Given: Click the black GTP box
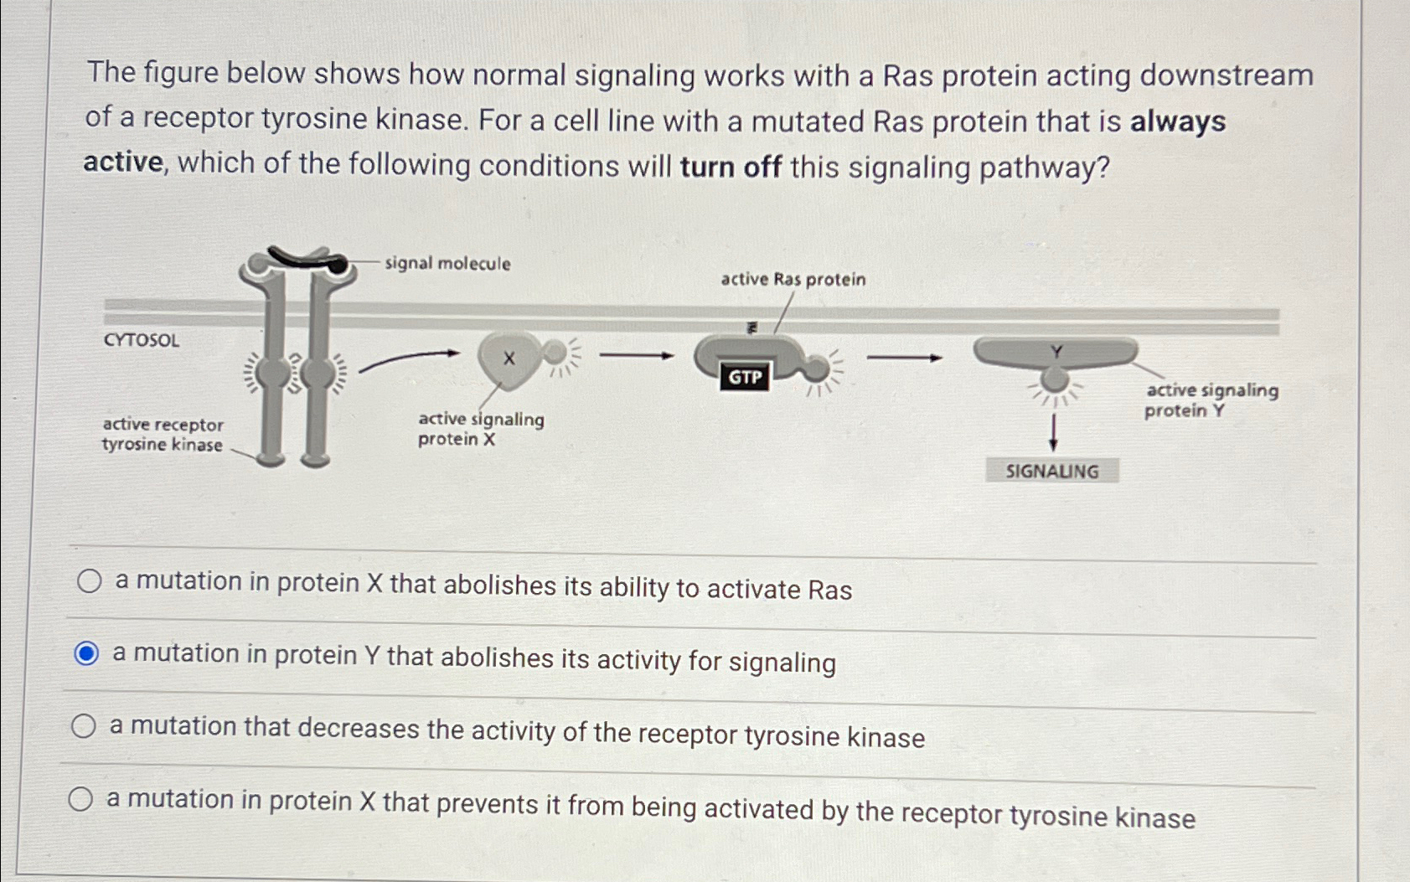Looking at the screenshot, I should click(x=744, y=377).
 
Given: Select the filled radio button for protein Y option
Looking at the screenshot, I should click(x=86, y=653).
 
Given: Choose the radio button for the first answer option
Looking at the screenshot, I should click(x=90, y=581).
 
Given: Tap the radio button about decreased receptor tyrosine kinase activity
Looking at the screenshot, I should click(x=83, y=726).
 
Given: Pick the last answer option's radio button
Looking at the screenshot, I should click(x=80, y=799).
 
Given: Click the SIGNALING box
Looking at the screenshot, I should click(x=1051, y=471).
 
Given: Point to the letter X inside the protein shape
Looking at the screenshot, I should click(x=509, y=359).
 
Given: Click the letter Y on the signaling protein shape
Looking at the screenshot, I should click(x=1056, y=353).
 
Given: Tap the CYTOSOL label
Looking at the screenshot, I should click(x=142, y=340).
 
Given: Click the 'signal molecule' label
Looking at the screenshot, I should click(x=447, y=264).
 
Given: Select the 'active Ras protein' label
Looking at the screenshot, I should click(x=793, y=280).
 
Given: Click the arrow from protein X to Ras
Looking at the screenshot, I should click(x=637, y=356).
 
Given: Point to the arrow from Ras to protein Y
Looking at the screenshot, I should click(x=904, y=358).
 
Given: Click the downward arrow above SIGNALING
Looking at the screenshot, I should click(x=1053, y=432).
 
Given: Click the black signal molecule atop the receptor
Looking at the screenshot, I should click(x=306, y=260).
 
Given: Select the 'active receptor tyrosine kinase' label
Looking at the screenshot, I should click(x=163, y=435).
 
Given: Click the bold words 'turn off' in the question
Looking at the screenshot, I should click(x=731, y=167).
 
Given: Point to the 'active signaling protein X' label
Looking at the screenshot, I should click(x=480, y=429).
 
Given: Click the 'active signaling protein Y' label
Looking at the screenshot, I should click(x=1211, y=400).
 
